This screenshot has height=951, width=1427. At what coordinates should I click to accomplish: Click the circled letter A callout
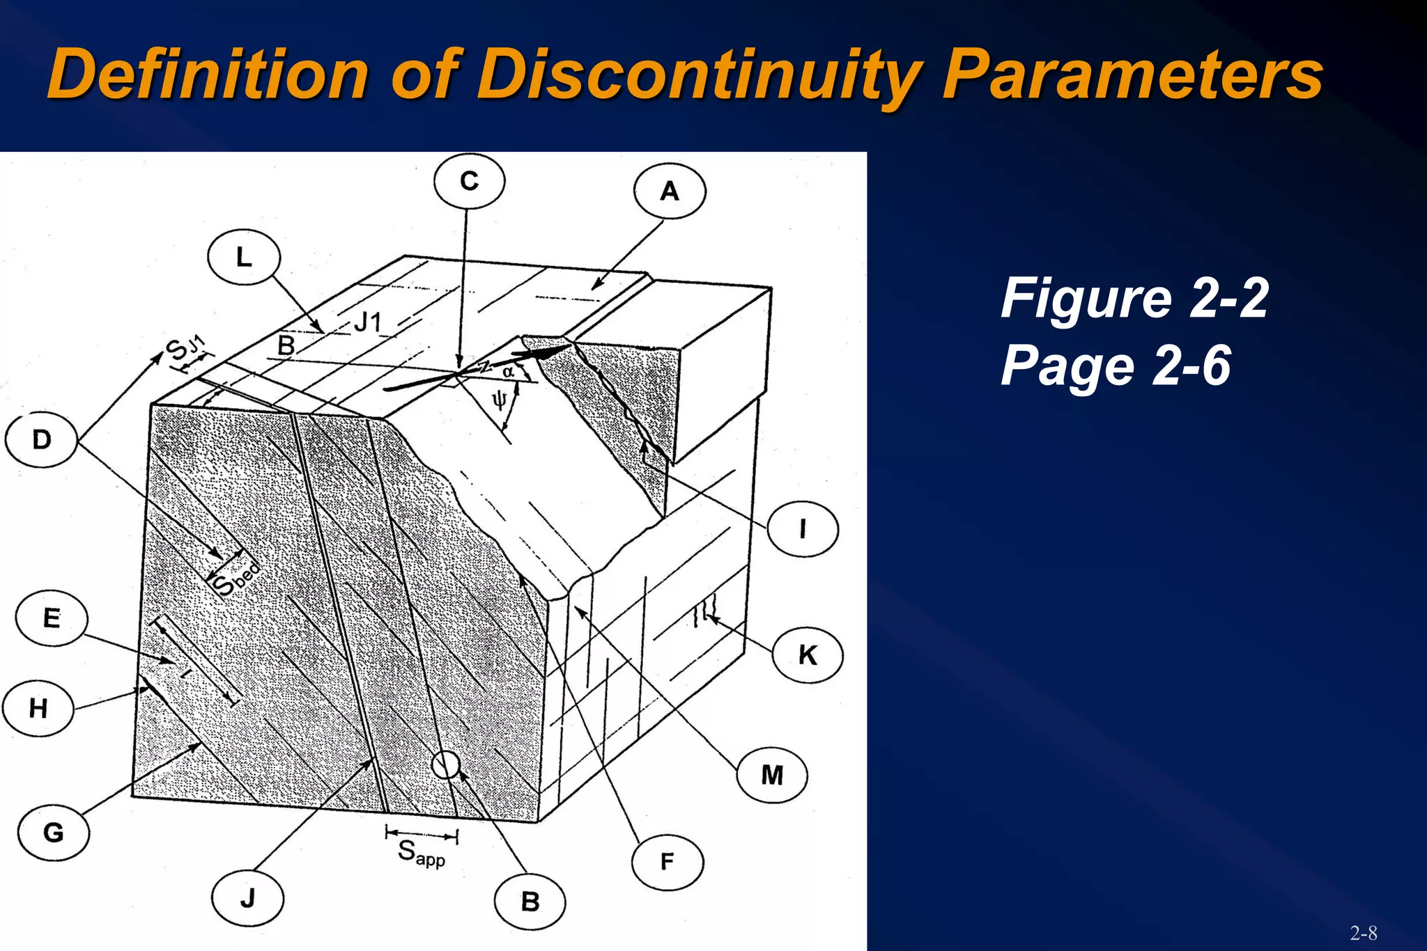(x=670, y=191)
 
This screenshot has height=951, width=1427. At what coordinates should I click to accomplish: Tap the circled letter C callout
(x=469, y=182)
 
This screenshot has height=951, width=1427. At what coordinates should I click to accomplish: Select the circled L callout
(x=244, y=258)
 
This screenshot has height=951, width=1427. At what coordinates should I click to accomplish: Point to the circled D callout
(x=41, y=440)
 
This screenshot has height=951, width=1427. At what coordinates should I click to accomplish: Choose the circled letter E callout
(x=52, y=618)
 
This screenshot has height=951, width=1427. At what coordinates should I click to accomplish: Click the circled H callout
(x=38, y=709)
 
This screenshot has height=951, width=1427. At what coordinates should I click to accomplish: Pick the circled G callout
(x=54, y=833)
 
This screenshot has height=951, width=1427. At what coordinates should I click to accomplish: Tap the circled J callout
(x=247, y=899)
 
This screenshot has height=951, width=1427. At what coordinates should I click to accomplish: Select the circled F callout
(x=668, y=862)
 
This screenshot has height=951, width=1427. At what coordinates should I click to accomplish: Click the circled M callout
(x=772, y=775)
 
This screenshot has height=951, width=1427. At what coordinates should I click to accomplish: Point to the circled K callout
(x=808, y=655)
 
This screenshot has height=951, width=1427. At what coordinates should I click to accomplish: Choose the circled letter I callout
(x=803, y=529)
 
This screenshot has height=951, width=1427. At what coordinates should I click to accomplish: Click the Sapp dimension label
(x=422, y=853)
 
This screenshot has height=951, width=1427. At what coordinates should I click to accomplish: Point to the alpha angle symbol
(x=508, y=372)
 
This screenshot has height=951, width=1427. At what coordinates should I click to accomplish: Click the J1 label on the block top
(x=369, y=322)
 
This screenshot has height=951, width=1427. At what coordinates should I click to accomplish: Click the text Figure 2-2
(x=1134, y=298)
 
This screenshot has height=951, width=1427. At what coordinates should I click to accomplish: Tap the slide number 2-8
(x=1363, y=932)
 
